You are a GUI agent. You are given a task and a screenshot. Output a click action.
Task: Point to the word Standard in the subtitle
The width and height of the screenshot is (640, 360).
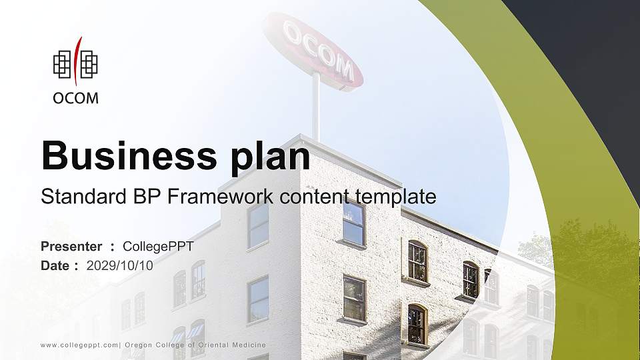[75, 197]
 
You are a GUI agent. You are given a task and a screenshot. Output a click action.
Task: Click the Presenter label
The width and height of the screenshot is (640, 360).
[71, 247]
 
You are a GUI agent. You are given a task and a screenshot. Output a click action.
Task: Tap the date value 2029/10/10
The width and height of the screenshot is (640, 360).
[120, 265]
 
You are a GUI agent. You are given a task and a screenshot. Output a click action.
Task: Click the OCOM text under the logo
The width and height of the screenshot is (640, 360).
[75, 98]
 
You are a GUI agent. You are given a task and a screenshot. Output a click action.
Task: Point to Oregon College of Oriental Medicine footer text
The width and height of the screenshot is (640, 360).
[195, 345]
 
